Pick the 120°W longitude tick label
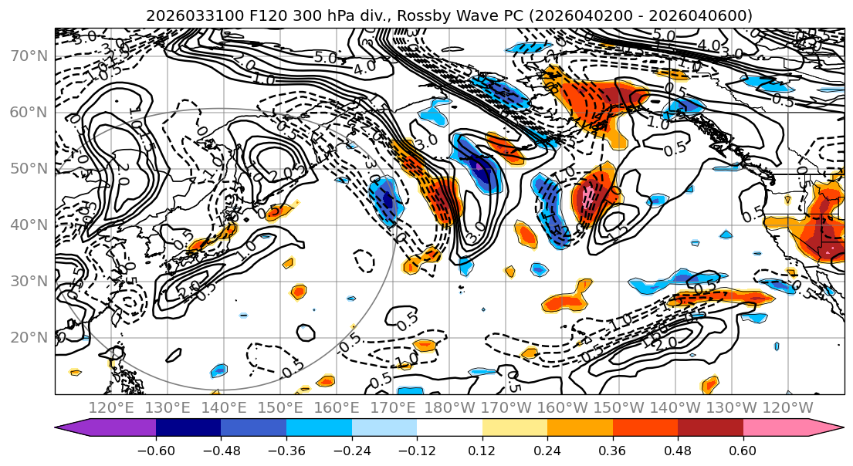pyautogui.click(x=787, y=407)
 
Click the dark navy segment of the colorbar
pyautogui.click(x=188, y=429)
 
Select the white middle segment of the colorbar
pyautogui.click(x=449, y=429)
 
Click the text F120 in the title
pyautogui.click(x=252, y=15)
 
